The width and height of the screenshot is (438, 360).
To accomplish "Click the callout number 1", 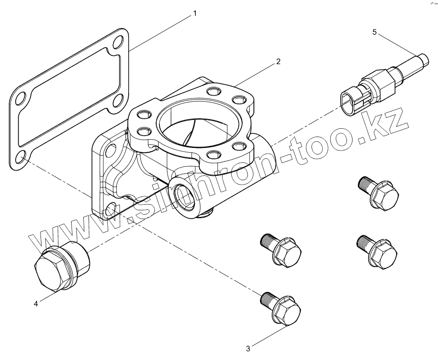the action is click(x=195, y=14).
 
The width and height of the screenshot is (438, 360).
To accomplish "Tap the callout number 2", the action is click(x=278, y=62).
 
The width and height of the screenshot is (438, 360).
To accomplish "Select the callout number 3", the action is click(x=248, y=348).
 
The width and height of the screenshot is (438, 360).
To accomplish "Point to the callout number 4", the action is click(x=36, y=304).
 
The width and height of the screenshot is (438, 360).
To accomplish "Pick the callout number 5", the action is click(x=374, y=31).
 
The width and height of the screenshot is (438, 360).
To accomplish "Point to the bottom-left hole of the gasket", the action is click(x=20, y=157).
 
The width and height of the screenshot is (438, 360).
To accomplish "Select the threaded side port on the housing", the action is click(x=182, y=193).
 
